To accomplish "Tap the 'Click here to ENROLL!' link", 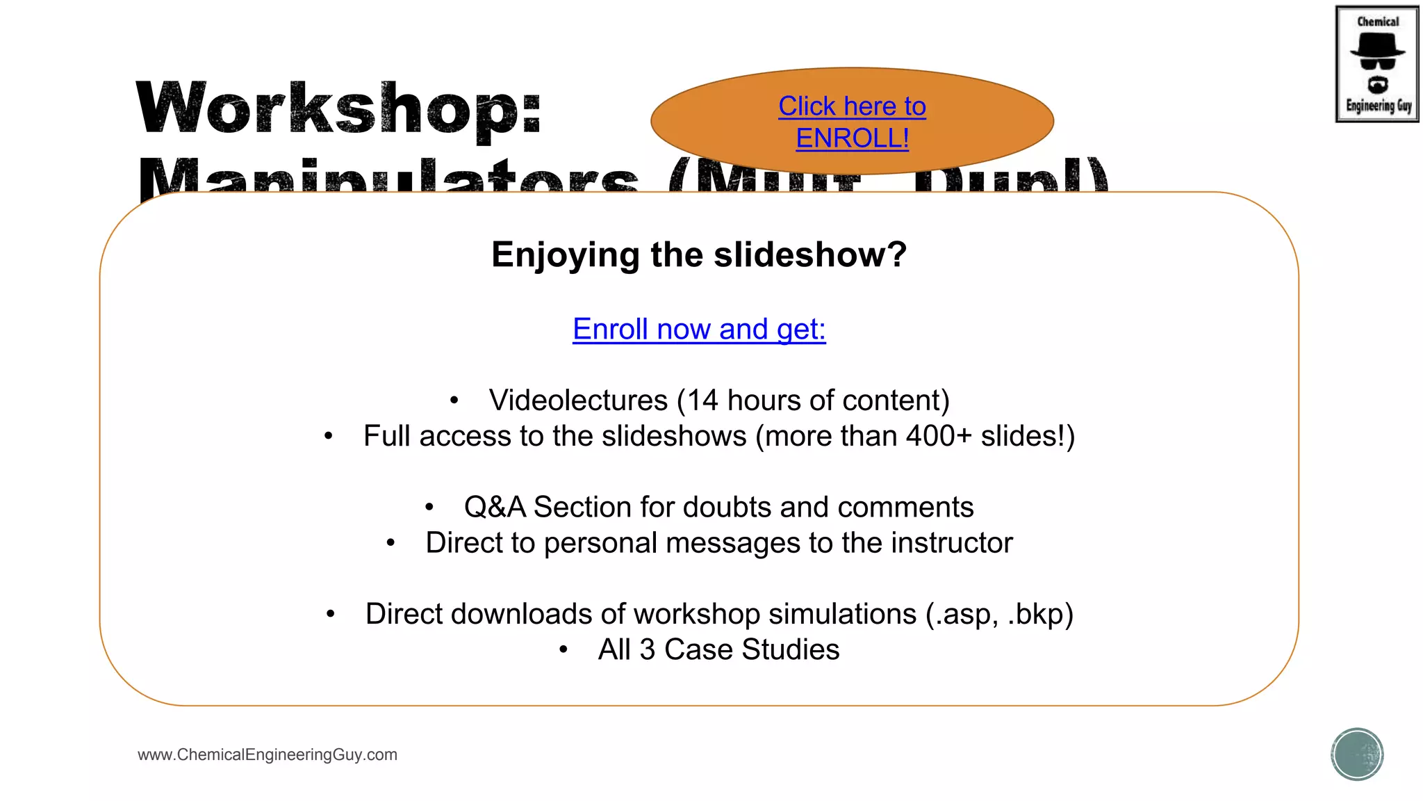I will pyautogui.click(x=852, y=122).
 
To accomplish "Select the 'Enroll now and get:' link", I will pyautogui.click(x=699, y=329).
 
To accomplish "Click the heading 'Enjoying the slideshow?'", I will pyautogui.click(x=699, y=254).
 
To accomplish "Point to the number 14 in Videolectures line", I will pyautogui.click(x=702, y=400).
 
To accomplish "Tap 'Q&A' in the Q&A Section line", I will pyautogui.click(x=495, y=508).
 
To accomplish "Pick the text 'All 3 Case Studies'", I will pyautogui.click(x=718, y=650).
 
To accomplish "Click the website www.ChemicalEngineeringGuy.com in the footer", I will pyautogui.click(x=268, y=755).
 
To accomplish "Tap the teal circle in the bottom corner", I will pyautogui.click(x=1357, y=754).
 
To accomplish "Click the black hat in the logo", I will pyautogui.click(x=1377, y=46).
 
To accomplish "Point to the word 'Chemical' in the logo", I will pyautogui.click(x=1378, y=22).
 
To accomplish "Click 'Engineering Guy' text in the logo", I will pyautogui.click(x=1379, y=106).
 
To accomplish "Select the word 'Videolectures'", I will pyautogui.click(x=578, y=400).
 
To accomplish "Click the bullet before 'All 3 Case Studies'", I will pyautogui.click(x=564, y=650).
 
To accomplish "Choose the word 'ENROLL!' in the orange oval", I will pyautogui.click(x=853, y=138).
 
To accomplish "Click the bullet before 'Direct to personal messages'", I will pyautogui.click(x=391, y=543).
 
